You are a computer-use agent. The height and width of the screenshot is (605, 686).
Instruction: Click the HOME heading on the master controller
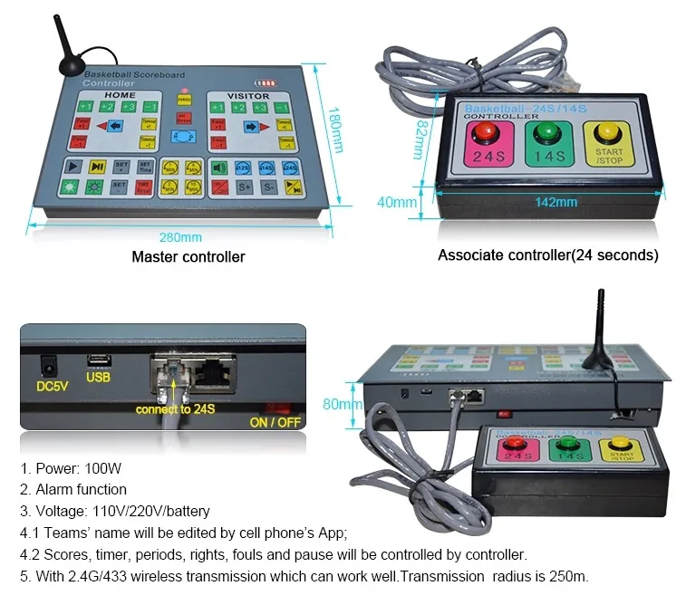tap(119, 95)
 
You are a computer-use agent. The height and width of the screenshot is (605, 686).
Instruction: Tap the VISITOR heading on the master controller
tap(248, 96)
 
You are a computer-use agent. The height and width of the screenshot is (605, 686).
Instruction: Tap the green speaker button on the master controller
tap(219, 167)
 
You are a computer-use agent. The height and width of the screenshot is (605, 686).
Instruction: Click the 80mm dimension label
tap(337, 404)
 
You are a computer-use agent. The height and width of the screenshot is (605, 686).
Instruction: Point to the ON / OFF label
tap(275, 422)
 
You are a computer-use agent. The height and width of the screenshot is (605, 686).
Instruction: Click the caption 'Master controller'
tap(188, 257)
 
